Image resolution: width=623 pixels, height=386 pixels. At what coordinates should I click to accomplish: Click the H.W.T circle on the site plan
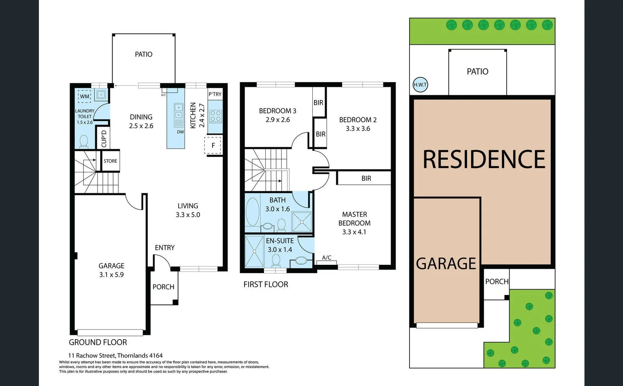point(420,85)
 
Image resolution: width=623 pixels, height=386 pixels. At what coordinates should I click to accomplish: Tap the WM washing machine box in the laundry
point(85,96)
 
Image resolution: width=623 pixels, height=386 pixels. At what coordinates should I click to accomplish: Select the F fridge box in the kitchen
point(213,145)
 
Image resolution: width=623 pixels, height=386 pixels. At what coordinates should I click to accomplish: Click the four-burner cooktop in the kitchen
point(216,117)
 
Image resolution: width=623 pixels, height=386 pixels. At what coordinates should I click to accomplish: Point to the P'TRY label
point(215,94)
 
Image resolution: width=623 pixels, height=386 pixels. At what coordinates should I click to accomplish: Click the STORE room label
point(110,161)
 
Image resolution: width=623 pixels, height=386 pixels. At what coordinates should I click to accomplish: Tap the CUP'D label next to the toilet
point(104,139)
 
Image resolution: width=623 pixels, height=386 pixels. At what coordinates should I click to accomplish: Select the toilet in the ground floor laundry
point(84,141)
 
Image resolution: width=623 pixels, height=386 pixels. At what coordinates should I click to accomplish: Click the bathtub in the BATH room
point(252,212)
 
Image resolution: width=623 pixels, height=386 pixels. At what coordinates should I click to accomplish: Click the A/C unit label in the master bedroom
point(326,257)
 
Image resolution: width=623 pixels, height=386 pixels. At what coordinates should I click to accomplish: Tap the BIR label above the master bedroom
point(366,178)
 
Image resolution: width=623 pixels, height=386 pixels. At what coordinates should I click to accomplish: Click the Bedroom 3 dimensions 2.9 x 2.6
point(277,120)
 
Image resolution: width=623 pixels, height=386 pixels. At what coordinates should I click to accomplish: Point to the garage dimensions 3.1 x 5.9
point(111,274)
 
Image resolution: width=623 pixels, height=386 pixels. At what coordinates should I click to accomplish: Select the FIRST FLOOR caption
point(266,284)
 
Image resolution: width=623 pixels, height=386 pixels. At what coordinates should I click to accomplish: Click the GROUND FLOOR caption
point(98,342)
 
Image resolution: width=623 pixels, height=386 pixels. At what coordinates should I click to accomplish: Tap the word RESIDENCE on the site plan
point(484,159)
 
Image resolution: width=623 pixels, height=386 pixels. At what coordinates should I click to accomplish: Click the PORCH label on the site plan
point(497,281)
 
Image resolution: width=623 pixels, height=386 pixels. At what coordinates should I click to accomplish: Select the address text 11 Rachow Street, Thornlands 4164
point(115,355)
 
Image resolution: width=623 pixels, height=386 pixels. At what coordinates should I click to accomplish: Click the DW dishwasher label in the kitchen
point(180,132)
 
